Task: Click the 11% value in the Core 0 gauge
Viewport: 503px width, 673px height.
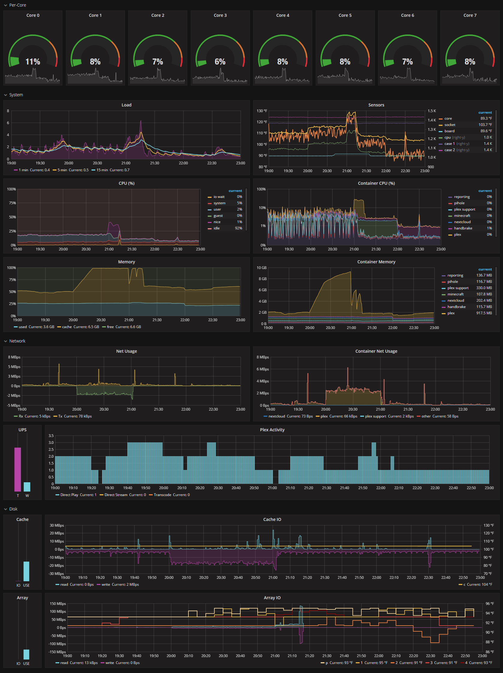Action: [x=33, y=62]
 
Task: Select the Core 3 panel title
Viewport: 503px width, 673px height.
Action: [x=220, y=15]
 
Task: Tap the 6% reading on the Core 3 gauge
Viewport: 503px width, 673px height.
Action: [x=220, y=62]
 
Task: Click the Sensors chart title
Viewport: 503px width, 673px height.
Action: [x=376, y=105]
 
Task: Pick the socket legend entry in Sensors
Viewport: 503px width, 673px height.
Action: [x=449, y=125]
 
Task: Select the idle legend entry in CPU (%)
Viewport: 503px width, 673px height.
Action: [x=216, y=228]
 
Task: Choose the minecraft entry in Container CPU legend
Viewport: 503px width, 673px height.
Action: [x=462, y=216]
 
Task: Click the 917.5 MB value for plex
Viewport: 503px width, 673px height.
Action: [x=484, y=313]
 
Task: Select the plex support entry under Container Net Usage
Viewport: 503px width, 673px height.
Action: [x=375, y=416]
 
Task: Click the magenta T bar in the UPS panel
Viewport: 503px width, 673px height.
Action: [x=18, y=469]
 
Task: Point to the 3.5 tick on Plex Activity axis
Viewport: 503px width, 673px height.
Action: [x=51, y=436]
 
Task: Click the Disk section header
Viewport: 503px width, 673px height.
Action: [x=13, y=509]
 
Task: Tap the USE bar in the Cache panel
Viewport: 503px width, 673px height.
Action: [x=26, y=571]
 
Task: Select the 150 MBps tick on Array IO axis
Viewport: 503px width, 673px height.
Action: [x=58, y=604]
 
